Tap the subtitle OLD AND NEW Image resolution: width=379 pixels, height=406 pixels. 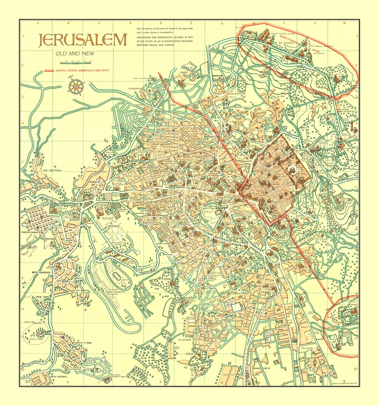(75, 54)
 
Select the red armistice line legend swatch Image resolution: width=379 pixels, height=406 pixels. (49, 71)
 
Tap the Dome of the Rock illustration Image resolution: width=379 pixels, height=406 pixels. (292, 171)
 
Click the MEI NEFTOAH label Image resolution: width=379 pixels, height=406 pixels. (52, 170)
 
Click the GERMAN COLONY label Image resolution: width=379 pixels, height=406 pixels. (240, 293)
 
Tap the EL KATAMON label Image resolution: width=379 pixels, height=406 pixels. (185, 340)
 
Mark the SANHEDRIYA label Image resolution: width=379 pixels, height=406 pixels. (135, 89)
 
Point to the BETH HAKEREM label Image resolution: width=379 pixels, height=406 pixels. (41, 273)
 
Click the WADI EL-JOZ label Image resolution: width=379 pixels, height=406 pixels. (277, 96)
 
